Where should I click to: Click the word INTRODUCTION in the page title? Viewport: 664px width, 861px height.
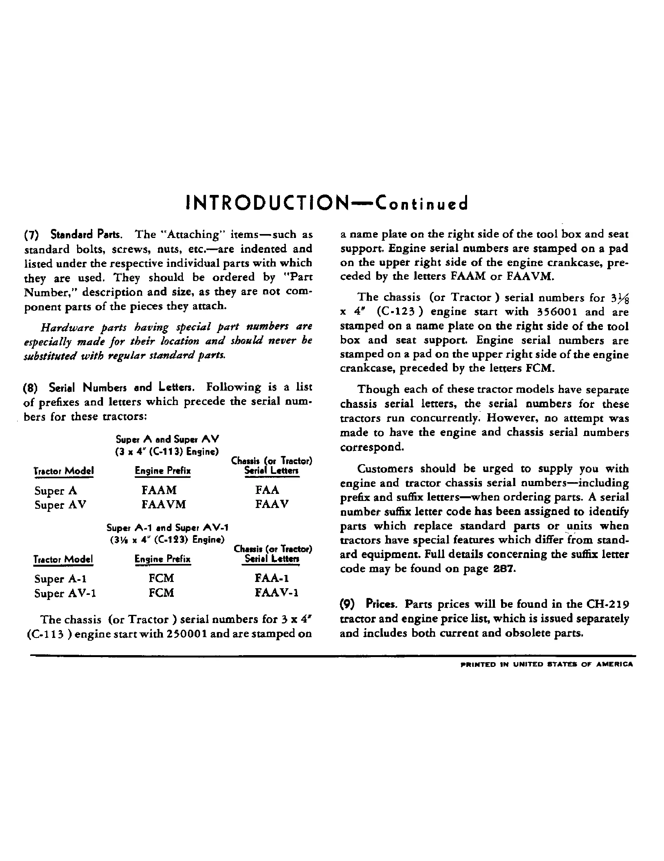[267, 204]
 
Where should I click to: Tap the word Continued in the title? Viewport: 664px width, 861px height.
[422, 204]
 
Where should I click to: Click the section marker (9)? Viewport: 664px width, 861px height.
[347, 604]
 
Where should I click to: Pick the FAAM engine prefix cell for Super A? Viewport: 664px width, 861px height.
[159, 490]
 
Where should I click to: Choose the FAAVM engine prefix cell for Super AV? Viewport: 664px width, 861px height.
[164, 504]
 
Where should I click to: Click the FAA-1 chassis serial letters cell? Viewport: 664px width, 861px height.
[272, 578]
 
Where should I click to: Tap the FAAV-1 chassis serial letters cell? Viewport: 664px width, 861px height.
[277, 593]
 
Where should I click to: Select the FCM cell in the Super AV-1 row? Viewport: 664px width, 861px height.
[162, 593]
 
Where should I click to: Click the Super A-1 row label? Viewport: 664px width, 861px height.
[60, 579]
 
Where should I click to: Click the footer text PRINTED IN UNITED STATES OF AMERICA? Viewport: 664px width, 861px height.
[546, 664]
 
